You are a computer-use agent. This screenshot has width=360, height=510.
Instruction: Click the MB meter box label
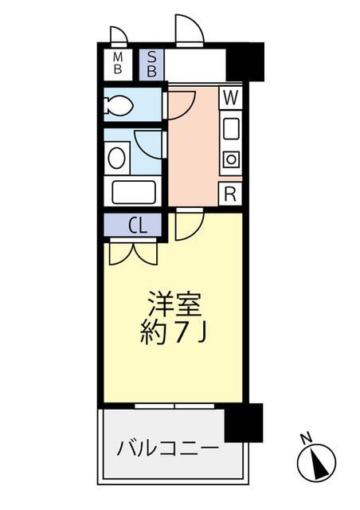pos(117,64)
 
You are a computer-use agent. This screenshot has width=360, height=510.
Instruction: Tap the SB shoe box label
pos(151,64)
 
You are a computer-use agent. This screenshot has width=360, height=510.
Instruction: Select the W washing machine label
pos(230,99)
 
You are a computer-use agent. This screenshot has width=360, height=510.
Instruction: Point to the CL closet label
pos(137,226)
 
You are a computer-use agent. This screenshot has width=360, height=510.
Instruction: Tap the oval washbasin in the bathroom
pos(116,156)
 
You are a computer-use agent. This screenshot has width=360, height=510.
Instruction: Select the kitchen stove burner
pos(230,159)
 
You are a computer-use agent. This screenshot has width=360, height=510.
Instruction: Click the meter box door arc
pos(119,34)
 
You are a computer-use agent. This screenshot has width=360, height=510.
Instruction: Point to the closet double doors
pos(134,252)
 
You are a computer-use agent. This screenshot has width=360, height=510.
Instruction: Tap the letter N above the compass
pos(305,437)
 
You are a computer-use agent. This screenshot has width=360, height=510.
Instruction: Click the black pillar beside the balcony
pos(244,422)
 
